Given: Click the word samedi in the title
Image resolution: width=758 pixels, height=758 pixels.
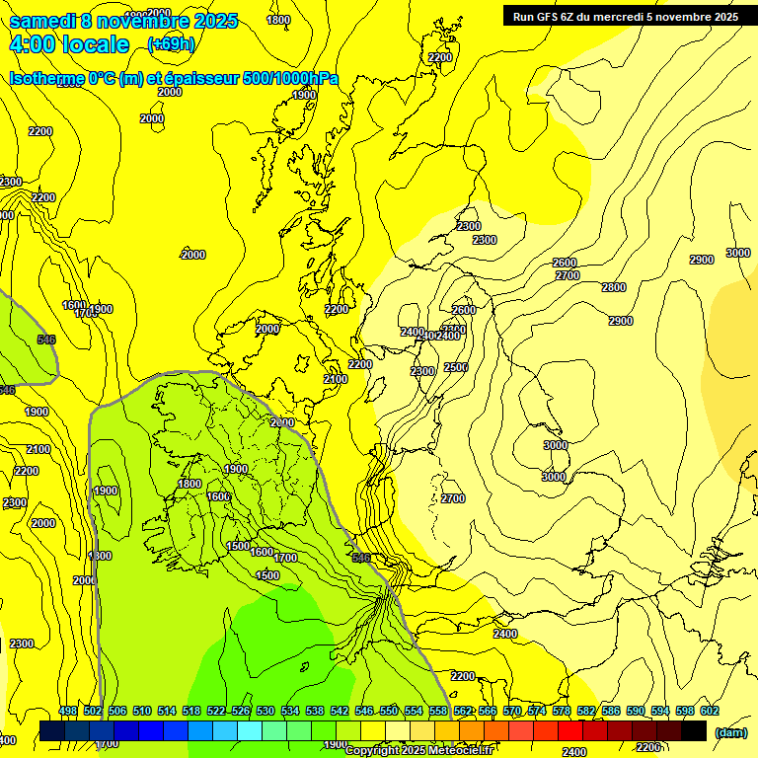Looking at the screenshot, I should [41, 21].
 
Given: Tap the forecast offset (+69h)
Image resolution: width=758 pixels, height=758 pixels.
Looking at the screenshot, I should [171, 43].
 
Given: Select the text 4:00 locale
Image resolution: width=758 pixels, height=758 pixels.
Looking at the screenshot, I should [69, 44].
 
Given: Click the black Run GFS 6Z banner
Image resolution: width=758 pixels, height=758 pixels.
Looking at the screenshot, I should [626, 16].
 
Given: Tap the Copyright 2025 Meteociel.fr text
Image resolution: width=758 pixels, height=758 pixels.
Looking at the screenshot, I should [418, 751].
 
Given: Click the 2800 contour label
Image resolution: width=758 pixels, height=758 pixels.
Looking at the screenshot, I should [614, 287].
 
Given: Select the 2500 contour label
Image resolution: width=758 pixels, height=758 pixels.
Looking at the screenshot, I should [456, 367].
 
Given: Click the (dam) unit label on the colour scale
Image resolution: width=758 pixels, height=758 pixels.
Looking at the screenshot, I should [729, 732].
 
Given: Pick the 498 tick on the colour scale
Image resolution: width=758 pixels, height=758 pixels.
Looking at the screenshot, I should [68, 711].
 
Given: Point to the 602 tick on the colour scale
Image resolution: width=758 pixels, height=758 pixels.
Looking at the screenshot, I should [710, 711].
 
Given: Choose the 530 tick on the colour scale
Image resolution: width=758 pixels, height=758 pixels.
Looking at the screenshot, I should [265, 711].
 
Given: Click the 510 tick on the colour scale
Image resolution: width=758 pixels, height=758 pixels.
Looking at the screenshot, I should [142, 711].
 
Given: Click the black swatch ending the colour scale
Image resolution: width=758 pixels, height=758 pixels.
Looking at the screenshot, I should [694, 730].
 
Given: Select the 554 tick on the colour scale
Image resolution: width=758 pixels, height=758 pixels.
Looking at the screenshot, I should [414, 711].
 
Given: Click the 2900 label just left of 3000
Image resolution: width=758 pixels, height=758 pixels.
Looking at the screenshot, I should [701, 260].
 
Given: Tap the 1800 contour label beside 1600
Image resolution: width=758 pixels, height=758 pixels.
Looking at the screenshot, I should [189, 484].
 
